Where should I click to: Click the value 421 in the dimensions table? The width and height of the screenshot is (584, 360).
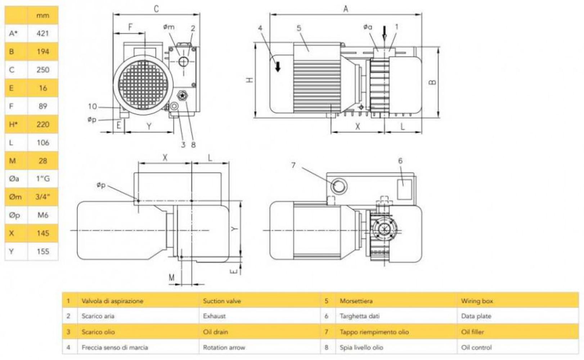pyautogui.click(x=42, y=33)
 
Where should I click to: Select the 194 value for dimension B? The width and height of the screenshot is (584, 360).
pyautogui.click(x=42, y=51)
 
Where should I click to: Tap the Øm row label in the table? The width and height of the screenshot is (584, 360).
pyautogui.click(x=15, y=197)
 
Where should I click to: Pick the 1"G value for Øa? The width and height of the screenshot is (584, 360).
pyautogui.click(x=42, y=179)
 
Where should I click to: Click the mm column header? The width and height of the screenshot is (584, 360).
pyautogui.click(x=42, y=15)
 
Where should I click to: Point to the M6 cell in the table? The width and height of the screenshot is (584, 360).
pyautogui.click(x=42, y=215)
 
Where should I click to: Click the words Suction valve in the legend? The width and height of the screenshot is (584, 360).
pyautogui.click(x=222, y=301)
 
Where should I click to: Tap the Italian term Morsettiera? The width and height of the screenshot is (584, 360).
pyautogui.click(x=356, y=301)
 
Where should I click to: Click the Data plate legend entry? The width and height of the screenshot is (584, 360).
pyautogui.click(x=476, y=316)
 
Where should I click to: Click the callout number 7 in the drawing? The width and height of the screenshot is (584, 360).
pyautogui.click(x=293, y=165)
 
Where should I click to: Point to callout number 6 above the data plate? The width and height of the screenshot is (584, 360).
pyautogui.click(x=400, y=161)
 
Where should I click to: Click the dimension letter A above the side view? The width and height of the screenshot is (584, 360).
pyautogui.click(x=346, y=9)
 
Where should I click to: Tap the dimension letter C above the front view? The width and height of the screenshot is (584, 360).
pyautogui.click(x=156, y=9)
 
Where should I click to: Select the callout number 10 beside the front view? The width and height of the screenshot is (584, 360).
pyautogui.click(x=92, y=107)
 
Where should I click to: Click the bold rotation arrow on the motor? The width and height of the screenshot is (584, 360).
pyautogui.click(x=278, y=66)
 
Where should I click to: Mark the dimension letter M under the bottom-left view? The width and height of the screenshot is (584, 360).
pyautogui.click(x=172, y=278)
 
